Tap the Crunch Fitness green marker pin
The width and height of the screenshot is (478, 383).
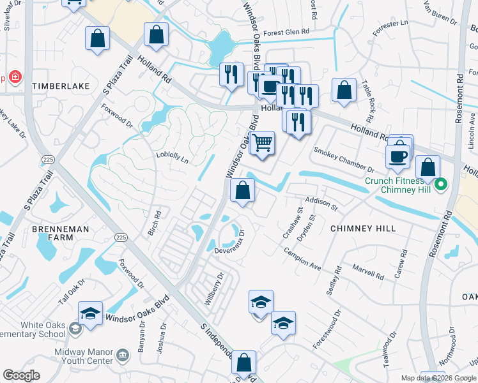point(441,185)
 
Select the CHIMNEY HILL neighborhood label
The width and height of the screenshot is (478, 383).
point(362,228)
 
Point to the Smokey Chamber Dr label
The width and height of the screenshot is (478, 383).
point(343,160)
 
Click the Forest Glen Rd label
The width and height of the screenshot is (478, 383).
point(286,31)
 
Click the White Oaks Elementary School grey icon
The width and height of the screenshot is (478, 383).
point(75,328)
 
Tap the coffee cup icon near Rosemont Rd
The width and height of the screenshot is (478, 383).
point(397,156)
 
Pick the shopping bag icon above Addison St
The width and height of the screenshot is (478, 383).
point(243,190)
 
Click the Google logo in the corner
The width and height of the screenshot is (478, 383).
point(21,375)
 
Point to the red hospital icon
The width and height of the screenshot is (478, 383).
point(15,78)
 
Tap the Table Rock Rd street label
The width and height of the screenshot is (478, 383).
point(367,100)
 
